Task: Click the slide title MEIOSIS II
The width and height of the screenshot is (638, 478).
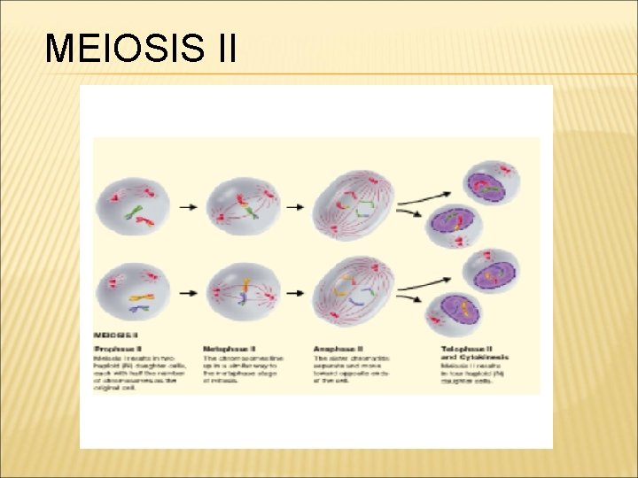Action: (x=140, y=49)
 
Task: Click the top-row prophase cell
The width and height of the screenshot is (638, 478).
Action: (x=130, y=206)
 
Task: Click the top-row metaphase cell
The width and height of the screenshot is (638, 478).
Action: (x=242, y=206)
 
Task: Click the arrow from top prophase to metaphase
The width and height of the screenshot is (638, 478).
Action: (x=187, y=207)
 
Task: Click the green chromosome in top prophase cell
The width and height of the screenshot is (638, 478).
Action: (x=133, y=212)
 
